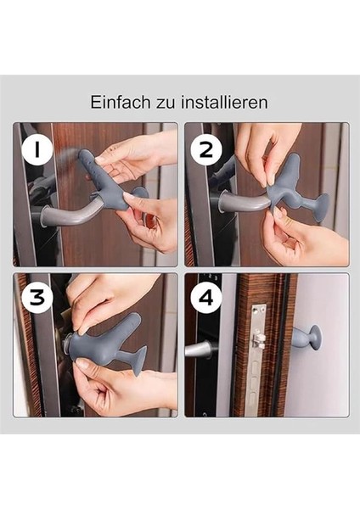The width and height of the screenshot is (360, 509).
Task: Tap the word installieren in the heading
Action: (x=224, y=103)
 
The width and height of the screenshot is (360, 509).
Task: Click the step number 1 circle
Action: (x=37, y=150)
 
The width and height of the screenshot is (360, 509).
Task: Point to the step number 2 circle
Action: (x=206, y=150)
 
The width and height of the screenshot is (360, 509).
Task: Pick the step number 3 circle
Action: (x=37, y=298)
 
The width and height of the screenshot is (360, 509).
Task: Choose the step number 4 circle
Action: (x=206, y=298)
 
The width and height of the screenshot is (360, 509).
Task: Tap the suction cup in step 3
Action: (x=141, y=359)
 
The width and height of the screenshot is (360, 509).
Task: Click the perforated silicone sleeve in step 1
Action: (x=104, y=178)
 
